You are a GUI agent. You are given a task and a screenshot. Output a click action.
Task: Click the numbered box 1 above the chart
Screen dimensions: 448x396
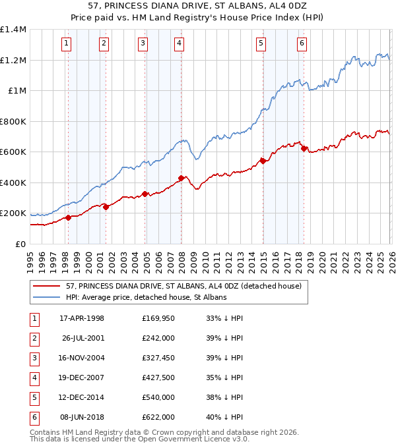(x=67, y=44)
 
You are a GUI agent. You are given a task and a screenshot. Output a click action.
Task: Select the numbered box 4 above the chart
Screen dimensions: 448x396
(x=180, y=44)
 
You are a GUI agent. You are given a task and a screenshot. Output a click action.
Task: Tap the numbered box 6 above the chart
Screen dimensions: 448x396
(x=302, y=44)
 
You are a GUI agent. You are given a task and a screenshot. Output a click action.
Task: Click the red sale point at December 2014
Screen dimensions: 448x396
(x=262, y=160)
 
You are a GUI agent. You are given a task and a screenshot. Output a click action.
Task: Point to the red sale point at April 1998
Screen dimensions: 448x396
(x=68, y=217)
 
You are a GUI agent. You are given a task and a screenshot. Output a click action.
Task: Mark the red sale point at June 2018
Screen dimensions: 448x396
(x=304, y=148)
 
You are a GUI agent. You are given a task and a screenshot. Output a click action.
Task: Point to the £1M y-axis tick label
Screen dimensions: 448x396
(x=17, y=91)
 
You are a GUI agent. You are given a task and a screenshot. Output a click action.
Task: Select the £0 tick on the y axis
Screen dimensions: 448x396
(x=21, y=244)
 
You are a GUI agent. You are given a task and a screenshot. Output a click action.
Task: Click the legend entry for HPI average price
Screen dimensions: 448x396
(x=146, y=297)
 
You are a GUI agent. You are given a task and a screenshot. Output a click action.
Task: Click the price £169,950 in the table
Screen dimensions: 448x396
(x=158, y=319)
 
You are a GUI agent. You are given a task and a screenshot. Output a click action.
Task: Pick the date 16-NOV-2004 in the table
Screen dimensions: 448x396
(x=82, y=358)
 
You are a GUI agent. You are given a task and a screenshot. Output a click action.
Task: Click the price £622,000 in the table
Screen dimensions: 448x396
(x=158, y=418)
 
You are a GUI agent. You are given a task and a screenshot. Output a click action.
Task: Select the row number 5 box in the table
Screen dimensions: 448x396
(x=34, y=398)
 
